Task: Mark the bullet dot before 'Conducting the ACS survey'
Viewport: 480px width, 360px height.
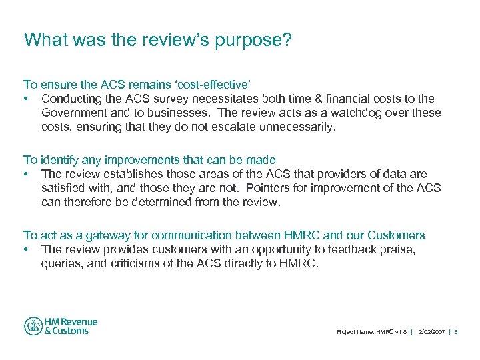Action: pos(26,99)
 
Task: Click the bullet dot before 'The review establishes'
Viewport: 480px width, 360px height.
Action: pos(26,175)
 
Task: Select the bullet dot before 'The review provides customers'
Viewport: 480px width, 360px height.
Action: pos(26,250)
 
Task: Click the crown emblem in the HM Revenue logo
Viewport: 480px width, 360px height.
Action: pos(33,326)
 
